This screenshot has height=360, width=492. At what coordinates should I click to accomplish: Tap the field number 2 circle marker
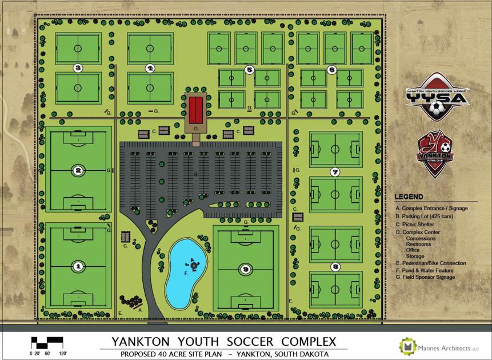78,169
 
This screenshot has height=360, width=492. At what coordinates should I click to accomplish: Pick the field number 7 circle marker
335,171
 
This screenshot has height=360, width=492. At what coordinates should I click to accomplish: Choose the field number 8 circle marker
335,266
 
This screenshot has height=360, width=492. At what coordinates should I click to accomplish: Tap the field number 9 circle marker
245,267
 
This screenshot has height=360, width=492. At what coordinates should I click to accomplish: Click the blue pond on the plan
182,273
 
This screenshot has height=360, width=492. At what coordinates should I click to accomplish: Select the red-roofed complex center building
196,110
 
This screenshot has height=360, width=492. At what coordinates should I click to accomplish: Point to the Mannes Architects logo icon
408,346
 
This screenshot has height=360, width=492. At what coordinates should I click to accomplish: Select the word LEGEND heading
409,197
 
